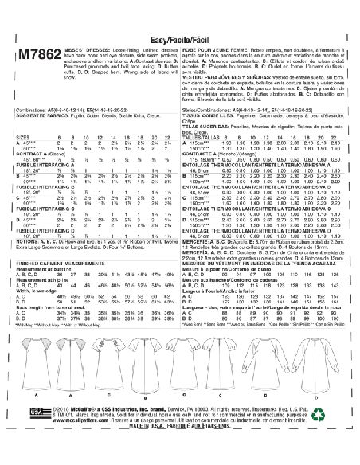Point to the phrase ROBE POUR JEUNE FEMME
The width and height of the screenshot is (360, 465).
tap(214, 40)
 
